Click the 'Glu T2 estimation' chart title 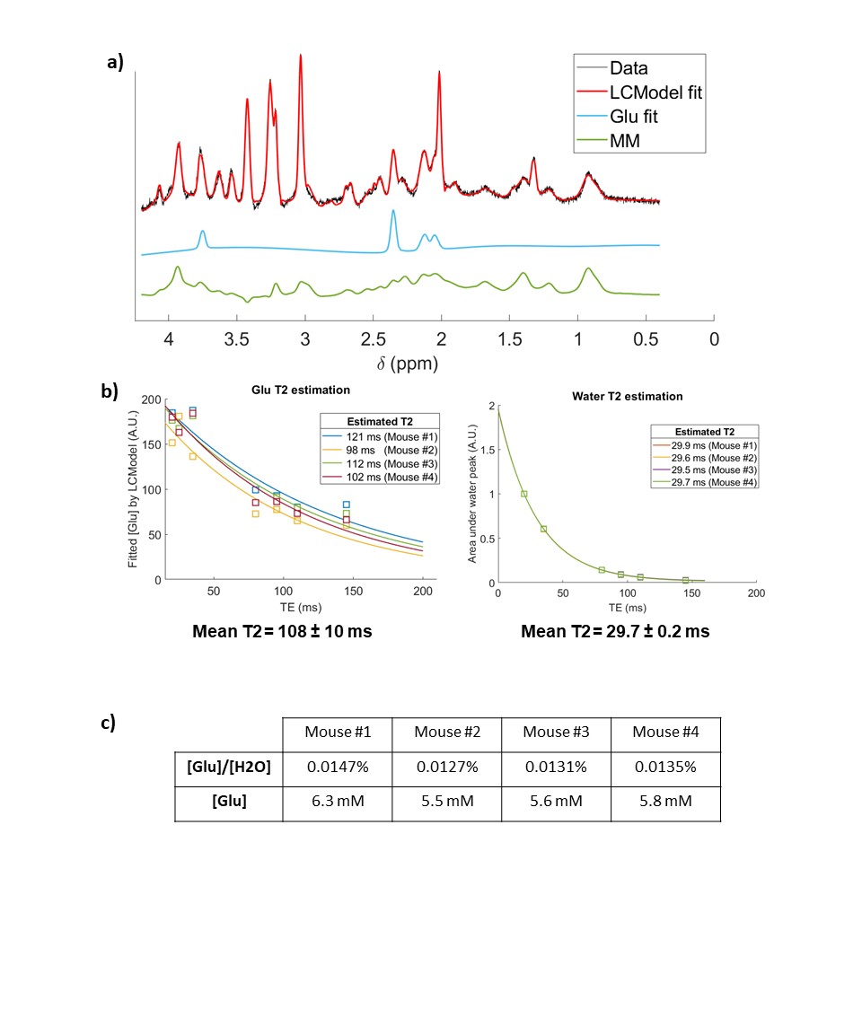coord(299,390)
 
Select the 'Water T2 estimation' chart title coord(627,396)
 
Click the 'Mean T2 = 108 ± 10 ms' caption coord(281,631)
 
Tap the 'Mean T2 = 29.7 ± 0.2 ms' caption coord(615,631)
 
